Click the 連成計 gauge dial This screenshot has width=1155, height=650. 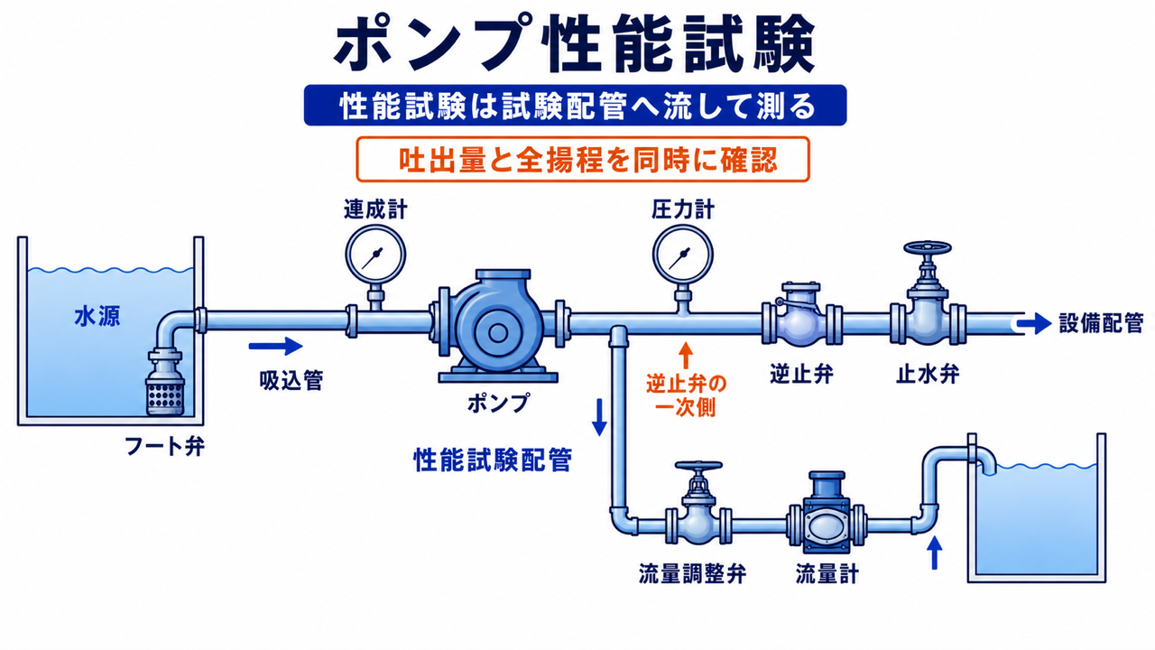[375, 255]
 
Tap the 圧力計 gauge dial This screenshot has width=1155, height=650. [683, 255]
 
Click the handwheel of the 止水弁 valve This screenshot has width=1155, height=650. [928, 248]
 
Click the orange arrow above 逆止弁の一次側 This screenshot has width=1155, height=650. [685, 355]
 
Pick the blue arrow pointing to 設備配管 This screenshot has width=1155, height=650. [1034, 323]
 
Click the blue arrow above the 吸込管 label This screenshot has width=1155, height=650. [275, 346]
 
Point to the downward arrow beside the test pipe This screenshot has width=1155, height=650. [599, 417]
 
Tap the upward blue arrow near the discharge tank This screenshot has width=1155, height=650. [934, 552]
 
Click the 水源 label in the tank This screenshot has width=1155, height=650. [97, 316]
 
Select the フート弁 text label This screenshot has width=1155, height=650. [164, 447]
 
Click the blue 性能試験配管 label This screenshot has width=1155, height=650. [493, 460]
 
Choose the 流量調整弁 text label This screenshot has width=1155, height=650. [692, 573]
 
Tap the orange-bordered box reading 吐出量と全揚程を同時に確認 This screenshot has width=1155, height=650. [583, 160]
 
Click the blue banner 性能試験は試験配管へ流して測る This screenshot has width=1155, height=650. [576, 106]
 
